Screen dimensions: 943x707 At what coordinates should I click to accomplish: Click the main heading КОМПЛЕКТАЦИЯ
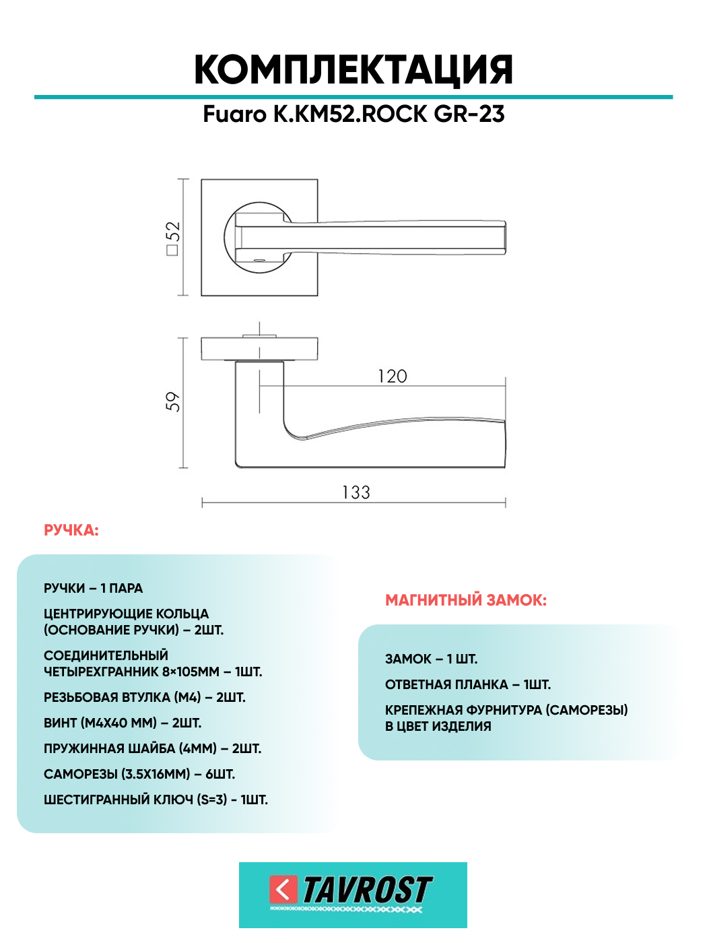353,70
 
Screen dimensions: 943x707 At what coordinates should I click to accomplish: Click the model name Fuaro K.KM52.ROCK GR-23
353,115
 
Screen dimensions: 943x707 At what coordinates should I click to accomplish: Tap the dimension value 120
393,377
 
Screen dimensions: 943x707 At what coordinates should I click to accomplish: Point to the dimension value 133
356,492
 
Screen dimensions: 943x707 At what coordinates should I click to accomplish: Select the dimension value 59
173,401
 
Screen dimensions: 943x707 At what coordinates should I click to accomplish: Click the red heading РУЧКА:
71,531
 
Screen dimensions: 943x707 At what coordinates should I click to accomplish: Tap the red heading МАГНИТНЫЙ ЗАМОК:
466,600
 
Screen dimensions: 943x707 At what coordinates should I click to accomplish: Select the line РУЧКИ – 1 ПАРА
93,589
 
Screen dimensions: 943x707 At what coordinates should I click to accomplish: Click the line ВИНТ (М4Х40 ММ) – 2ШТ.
123,723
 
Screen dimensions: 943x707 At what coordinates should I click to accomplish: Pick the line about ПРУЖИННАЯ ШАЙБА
152,749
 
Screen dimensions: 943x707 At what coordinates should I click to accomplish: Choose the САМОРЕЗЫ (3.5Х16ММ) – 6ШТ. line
139,775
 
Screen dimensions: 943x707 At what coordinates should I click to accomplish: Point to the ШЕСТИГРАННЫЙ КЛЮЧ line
156,800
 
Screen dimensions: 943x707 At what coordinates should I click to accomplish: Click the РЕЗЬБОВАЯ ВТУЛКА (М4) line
144,698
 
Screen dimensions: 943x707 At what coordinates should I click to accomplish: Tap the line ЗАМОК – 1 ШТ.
431,659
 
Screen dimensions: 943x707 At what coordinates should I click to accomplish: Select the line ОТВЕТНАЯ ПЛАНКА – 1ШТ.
468,685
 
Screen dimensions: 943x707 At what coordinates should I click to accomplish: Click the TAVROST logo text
367,890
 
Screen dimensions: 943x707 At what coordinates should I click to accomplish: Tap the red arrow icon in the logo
283,889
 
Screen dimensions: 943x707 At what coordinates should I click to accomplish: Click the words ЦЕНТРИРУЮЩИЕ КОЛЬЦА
126,614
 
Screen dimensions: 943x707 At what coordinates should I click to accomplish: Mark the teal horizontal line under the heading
353,97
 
